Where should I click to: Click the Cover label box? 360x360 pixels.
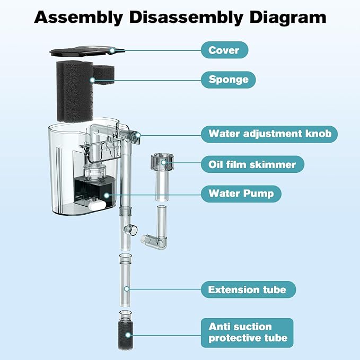pyautogui.click(x=224, y=51)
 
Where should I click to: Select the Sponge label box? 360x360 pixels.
pyautogui.click(x=228, y=80)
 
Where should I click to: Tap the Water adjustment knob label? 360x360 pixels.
pyautogui.click(x=269, y=134)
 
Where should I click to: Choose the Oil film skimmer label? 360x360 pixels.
pyautogui.click(x=252, y=164)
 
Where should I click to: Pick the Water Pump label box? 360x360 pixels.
pyautogui.click(x=241, y=194)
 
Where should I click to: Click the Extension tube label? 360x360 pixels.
pyautogui.click(x=248, y=289)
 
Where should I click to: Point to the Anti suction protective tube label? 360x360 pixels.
pyautogui.click(x=247, y=332)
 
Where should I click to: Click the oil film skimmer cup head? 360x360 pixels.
pyautogui.click(x=162, y=161)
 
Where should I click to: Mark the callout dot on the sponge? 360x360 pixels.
pyautogui.click(x=92, y=80)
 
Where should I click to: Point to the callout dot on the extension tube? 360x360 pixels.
pyautogui.click(x=127, y=289)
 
